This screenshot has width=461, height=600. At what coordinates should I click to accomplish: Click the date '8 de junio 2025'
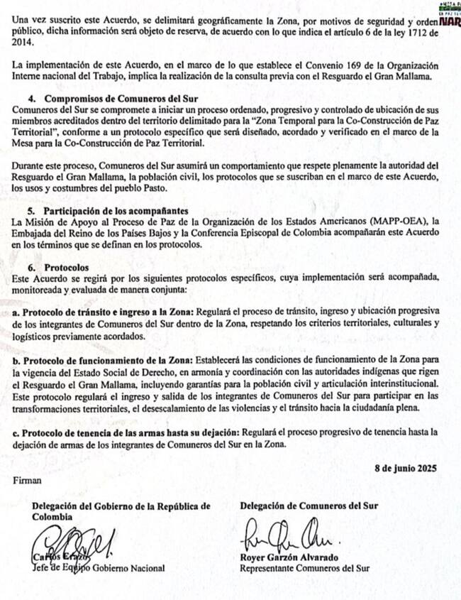[x=405, y=468]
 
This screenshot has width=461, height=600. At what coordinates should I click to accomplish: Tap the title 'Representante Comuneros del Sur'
[x=306, y=568]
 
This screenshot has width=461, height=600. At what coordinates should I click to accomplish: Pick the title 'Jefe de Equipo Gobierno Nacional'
[x=99, y=568]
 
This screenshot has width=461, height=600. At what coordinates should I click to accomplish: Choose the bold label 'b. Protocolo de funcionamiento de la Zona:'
[x=102, y=360]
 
